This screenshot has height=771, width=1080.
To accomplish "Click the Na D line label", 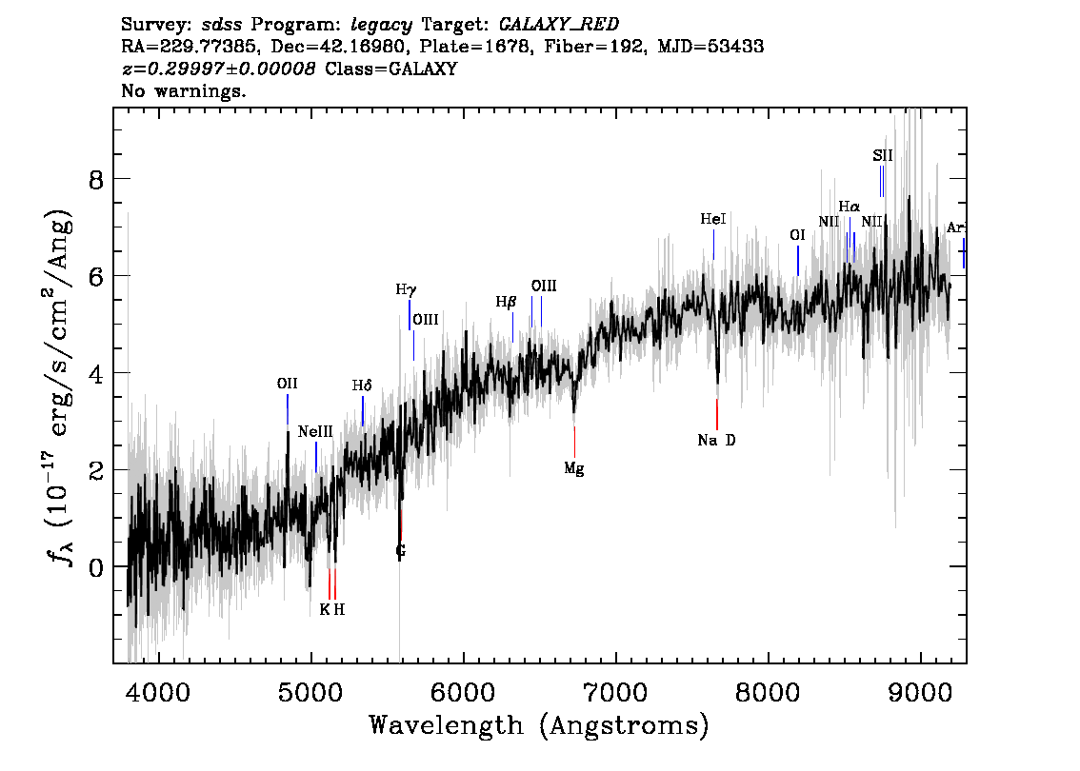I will tap(716, 441).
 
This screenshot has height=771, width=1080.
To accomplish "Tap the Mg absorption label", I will tap(573, 468).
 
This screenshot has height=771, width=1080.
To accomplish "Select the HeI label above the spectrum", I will tap(713, 220).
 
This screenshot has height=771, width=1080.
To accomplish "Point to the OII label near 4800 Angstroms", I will tap(287, 385).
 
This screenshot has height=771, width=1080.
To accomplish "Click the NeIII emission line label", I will tap(315, 432).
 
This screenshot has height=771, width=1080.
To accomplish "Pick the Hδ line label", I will tap(362, 386).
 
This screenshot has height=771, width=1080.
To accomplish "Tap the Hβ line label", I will tap(506, 302).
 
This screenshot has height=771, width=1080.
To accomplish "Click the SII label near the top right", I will tap(883, 155).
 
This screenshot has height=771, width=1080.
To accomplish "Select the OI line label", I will tap(798, 235).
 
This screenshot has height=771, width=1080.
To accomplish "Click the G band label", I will tap(400, 551).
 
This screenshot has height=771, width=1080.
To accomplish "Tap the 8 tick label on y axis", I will tap(95, 179).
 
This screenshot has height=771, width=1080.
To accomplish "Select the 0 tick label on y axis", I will tap(95, 566).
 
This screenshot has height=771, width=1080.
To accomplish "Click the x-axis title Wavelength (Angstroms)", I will tap(539, 727).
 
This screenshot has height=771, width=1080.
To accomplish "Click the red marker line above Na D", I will tap(716, 414).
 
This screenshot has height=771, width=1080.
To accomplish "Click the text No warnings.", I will tap(184, 92).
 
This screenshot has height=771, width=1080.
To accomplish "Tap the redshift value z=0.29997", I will tap(219, 69).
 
